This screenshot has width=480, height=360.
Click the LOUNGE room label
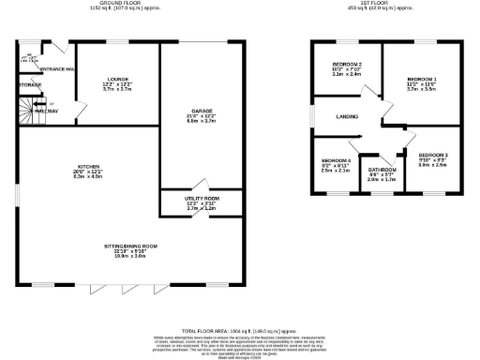[x=118, y=79]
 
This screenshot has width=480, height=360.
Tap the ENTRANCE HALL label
[x=57, y=69]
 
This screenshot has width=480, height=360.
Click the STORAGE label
[x=30, y=85]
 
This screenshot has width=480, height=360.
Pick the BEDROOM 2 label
[x=347, y=64]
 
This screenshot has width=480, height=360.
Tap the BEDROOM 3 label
[x=433, y=153]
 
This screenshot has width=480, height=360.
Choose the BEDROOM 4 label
[x=336, y=160]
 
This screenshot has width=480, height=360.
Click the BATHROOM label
[x=382, y=169]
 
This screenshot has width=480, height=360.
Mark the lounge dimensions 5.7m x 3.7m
[x=118, y=90]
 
